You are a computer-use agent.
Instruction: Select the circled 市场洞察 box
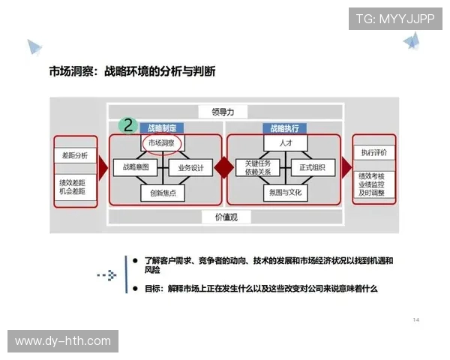pyautogui.click(x=163, y=142)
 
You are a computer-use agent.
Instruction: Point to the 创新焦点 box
pyautogui.click(x=162, y=193)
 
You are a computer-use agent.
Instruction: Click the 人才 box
pyautogui.click(x=284, y=142)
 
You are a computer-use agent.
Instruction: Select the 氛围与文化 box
pyautogui.click(x=284, y=193)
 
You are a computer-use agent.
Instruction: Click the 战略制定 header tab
pyautogui.click(x=162, y=128)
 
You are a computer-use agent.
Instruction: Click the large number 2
pyautogui.click(x=128, y=124)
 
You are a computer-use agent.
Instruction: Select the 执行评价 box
pyautogui.click(x=373, y=152)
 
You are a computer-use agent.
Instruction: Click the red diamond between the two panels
pyautogui.click(x=223, y=168)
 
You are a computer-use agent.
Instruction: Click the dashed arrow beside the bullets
pyautogui.click(x=107, y=276)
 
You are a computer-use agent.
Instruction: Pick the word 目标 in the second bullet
pyautogui.click(x=154, y=288)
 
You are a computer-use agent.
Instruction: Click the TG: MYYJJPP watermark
pyautogui.click(x=394, y=19)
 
